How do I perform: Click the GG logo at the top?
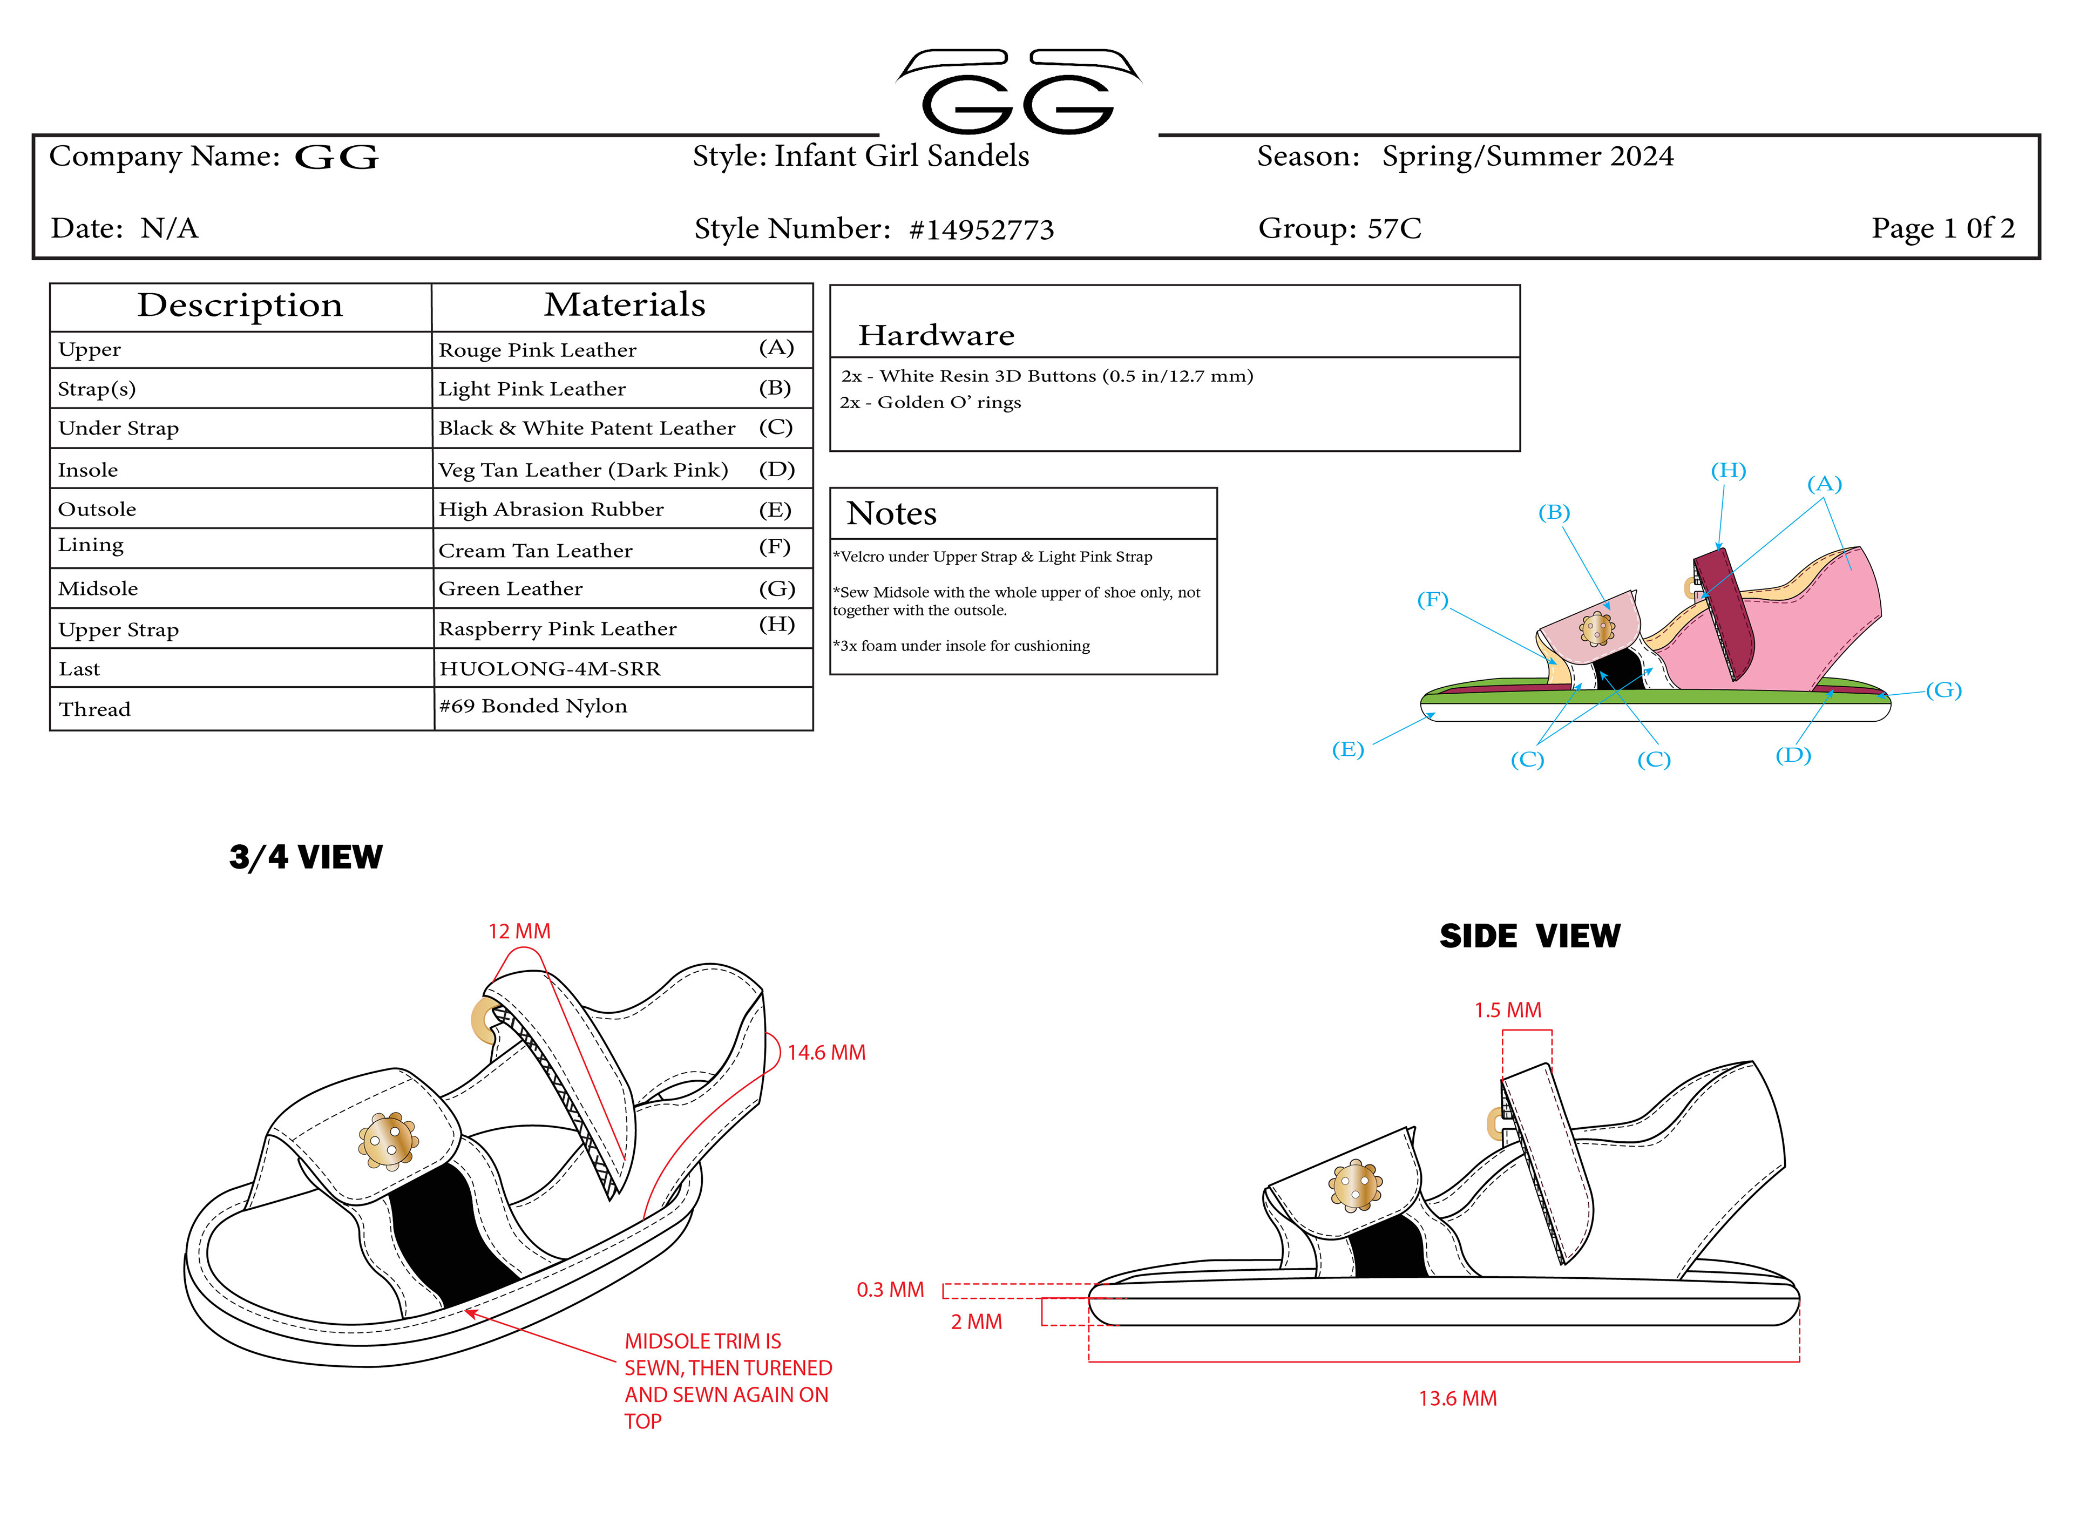coord(1018,93)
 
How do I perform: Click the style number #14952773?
coord(980,229)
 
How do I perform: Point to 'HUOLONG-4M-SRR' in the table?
coord(549,668)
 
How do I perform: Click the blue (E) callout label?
coord(1347,749)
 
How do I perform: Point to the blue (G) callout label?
coord(1943,690)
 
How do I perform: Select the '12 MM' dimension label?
coord(519,931)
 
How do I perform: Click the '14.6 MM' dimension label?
coord(825,1052)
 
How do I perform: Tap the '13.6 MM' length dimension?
coord(1457,1398)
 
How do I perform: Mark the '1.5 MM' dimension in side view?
coord(1507,1010)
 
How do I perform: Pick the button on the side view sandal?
coord(1354,1186)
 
